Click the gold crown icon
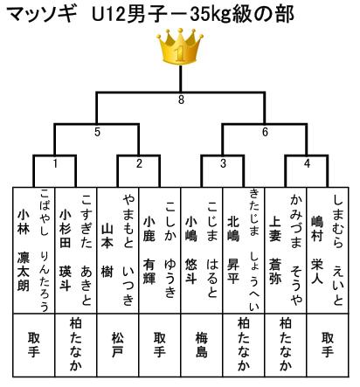coord(180,46)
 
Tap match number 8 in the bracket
coord(181,100)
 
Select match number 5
coord(97,132)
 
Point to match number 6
coord(265,132)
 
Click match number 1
coord(55,163)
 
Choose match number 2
coord(139,163)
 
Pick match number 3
coord(223,163)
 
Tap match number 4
coord(307,163)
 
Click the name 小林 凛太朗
coord(24,250)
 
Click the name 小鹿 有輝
coord(149,250)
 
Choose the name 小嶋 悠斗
coord(191,250)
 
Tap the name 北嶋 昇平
coord(233,250)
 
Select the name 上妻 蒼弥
coord(275,250)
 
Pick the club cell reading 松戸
coord(118,345)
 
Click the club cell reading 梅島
coord(202,345)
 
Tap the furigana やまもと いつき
coord(128,250)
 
